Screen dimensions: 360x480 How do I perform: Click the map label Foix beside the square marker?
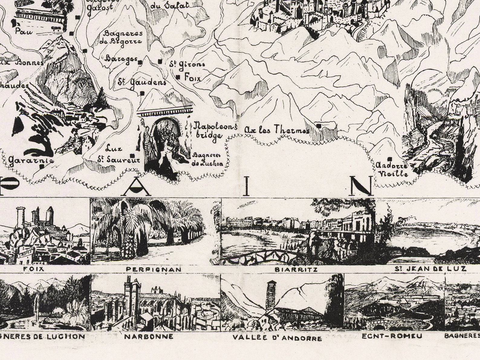pos(192,78)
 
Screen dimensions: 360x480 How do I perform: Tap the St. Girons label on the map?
pos(187,64)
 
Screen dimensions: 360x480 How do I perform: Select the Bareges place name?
pos(121,59)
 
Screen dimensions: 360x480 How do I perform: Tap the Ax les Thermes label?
pos(277,130)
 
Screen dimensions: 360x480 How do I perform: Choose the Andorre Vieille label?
pos(391,170)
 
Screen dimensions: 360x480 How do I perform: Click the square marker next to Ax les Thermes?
pos(318,126)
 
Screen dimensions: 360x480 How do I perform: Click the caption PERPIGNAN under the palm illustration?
pos(154,269)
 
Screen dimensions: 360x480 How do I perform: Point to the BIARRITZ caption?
pos(296,269)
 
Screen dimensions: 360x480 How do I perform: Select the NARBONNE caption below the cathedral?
pos(149,336)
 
